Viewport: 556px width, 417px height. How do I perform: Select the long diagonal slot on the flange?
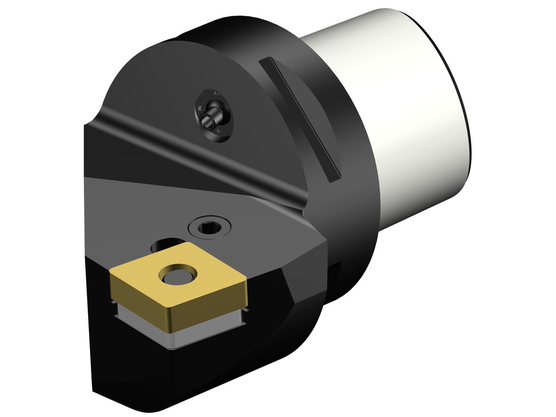(x=301, y=118)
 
